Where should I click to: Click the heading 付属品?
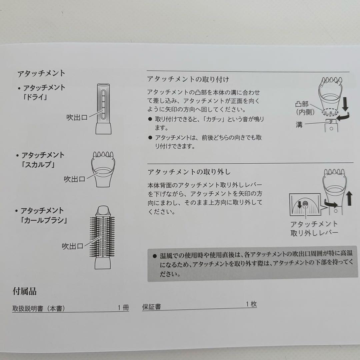point(24,292)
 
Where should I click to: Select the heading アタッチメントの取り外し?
point(189,172)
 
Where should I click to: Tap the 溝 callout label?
point(299,125)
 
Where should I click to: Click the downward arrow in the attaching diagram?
point(345,104)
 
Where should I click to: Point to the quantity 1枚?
point(251,304)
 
